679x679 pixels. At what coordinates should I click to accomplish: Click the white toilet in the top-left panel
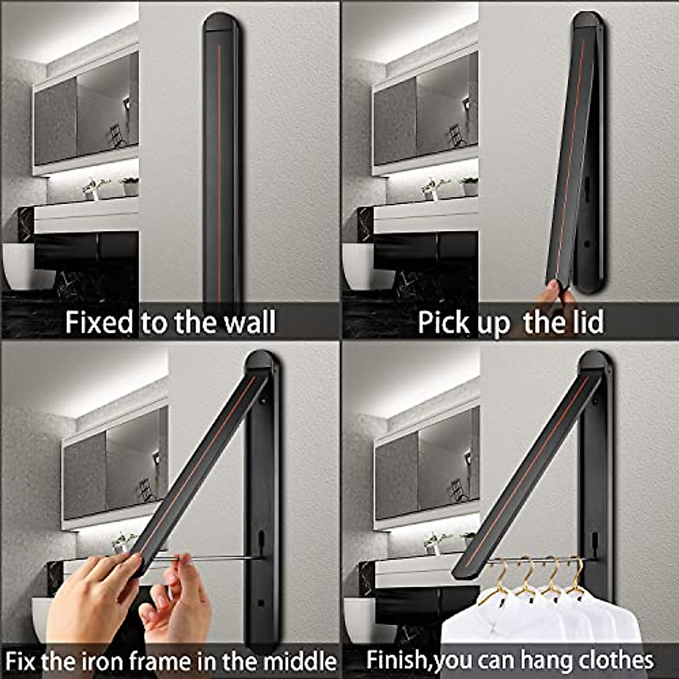coord(23,266)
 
